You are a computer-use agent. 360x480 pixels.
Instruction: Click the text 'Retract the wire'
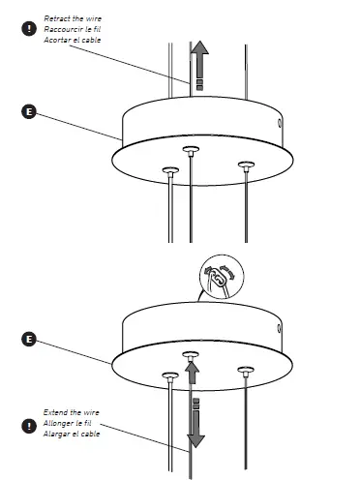point(72,19)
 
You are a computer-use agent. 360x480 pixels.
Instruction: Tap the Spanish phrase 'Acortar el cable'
point(73,40)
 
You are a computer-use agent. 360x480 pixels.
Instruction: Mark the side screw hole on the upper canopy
point(281,124)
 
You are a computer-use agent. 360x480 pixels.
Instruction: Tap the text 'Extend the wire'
point(71,412)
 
